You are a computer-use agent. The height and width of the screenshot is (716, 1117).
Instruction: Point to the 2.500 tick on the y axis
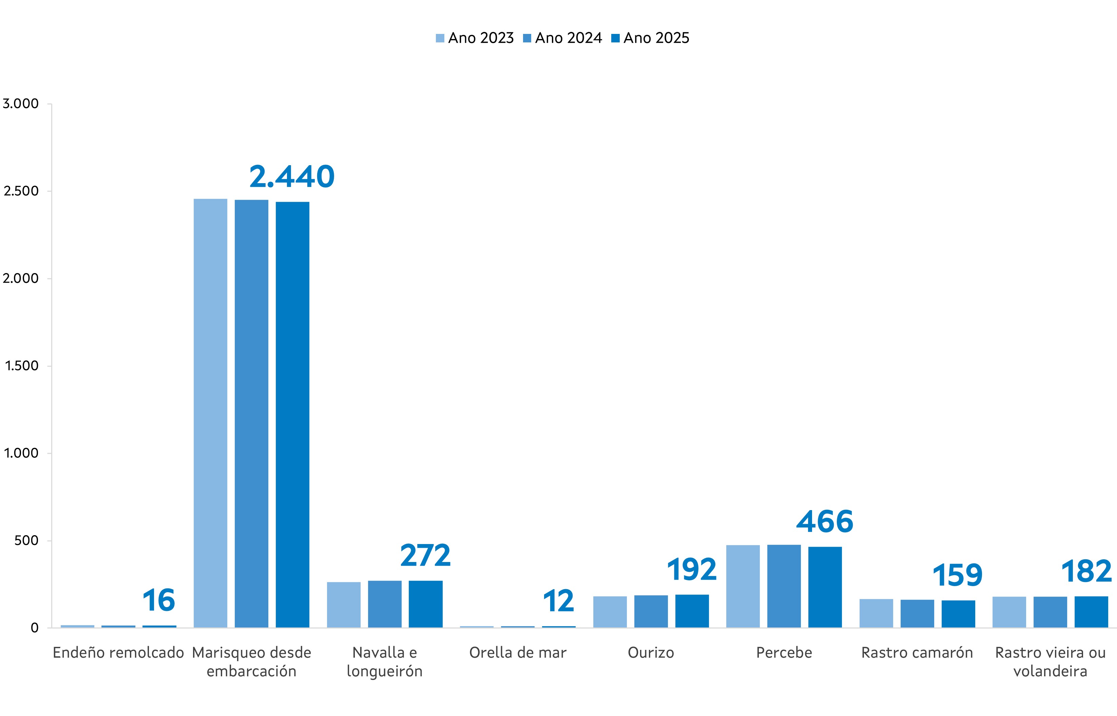pos(21,191)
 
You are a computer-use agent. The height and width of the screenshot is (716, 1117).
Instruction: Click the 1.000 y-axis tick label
pos(21,453)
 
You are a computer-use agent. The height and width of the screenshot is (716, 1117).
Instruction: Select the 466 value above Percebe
pos(825,522)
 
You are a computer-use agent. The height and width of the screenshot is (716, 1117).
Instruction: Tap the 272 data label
pos(425,556)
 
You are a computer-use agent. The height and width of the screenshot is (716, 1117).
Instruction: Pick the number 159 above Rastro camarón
pos(958,575)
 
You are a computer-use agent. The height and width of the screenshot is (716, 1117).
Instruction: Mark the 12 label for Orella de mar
pos(558,601)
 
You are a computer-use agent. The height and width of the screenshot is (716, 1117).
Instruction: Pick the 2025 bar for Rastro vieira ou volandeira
pos(1091,612)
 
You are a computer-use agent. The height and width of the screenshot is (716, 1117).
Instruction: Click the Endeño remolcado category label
pos(118,653)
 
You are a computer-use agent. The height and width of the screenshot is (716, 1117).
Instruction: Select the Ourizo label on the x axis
pos(651,653)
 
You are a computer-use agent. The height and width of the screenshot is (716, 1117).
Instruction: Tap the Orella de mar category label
pos(518,653)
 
